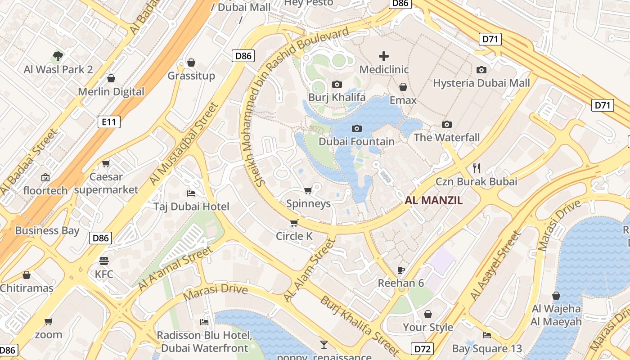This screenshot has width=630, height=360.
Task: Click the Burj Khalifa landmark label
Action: point(337,98)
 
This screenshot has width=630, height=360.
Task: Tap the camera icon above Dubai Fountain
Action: point(356,129)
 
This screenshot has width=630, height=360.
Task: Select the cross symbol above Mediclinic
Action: point(384,56)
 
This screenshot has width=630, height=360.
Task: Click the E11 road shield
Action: point(109,121)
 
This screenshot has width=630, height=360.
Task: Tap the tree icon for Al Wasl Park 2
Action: point(58,56)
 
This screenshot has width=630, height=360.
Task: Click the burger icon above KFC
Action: point(104,261)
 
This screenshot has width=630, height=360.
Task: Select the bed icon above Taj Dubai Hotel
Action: point(191,193)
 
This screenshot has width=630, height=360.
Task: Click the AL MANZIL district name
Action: point(433,201)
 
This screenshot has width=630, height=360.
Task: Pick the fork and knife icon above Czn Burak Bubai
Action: point(477,168)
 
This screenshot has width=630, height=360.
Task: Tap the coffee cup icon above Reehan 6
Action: point(401,270)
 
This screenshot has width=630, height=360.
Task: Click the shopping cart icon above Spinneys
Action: point(308,191)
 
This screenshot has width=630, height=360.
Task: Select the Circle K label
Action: point(294,236)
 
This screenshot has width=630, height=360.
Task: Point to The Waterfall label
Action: point(446,138)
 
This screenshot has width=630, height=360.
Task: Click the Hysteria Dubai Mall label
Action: point(481,83)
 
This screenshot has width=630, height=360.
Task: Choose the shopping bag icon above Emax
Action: point(403,87)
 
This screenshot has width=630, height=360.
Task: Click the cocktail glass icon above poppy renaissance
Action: point(324,345)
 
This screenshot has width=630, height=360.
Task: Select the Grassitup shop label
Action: point(191,76)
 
